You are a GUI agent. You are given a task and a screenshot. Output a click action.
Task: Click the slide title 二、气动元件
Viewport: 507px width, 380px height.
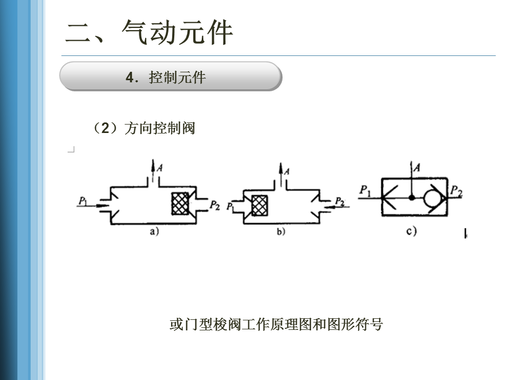click(x=149, y=33)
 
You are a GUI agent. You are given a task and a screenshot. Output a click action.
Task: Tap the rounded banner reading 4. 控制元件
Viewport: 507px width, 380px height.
click(x=170, y=77)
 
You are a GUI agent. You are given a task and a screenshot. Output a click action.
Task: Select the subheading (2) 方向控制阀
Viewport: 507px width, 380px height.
click(x=144, y=128)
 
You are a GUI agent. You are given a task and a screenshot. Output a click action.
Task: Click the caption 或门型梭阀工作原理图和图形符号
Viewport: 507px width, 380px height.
click(x=276, y=324)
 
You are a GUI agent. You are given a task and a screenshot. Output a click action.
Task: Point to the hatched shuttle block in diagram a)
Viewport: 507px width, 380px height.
click(x=180, y=203)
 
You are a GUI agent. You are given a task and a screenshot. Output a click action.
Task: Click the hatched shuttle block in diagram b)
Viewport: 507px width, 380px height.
click(x=259, y=205)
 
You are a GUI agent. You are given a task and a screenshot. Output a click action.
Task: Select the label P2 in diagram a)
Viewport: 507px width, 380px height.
click(x=214, y=204)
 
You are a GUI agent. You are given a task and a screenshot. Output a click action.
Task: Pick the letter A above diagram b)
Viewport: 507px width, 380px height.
click(x=287, y=170)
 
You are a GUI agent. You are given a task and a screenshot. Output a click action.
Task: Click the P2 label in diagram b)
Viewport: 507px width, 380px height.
click(x=340, y=201)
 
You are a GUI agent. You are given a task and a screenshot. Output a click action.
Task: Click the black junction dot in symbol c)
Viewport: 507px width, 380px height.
click(x=411, y=197)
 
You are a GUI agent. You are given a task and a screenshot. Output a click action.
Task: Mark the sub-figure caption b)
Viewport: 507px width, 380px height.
click(x=280, y=232)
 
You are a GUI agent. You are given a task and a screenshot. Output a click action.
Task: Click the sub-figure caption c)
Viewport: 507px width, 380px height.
click(x=411, y=231)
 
